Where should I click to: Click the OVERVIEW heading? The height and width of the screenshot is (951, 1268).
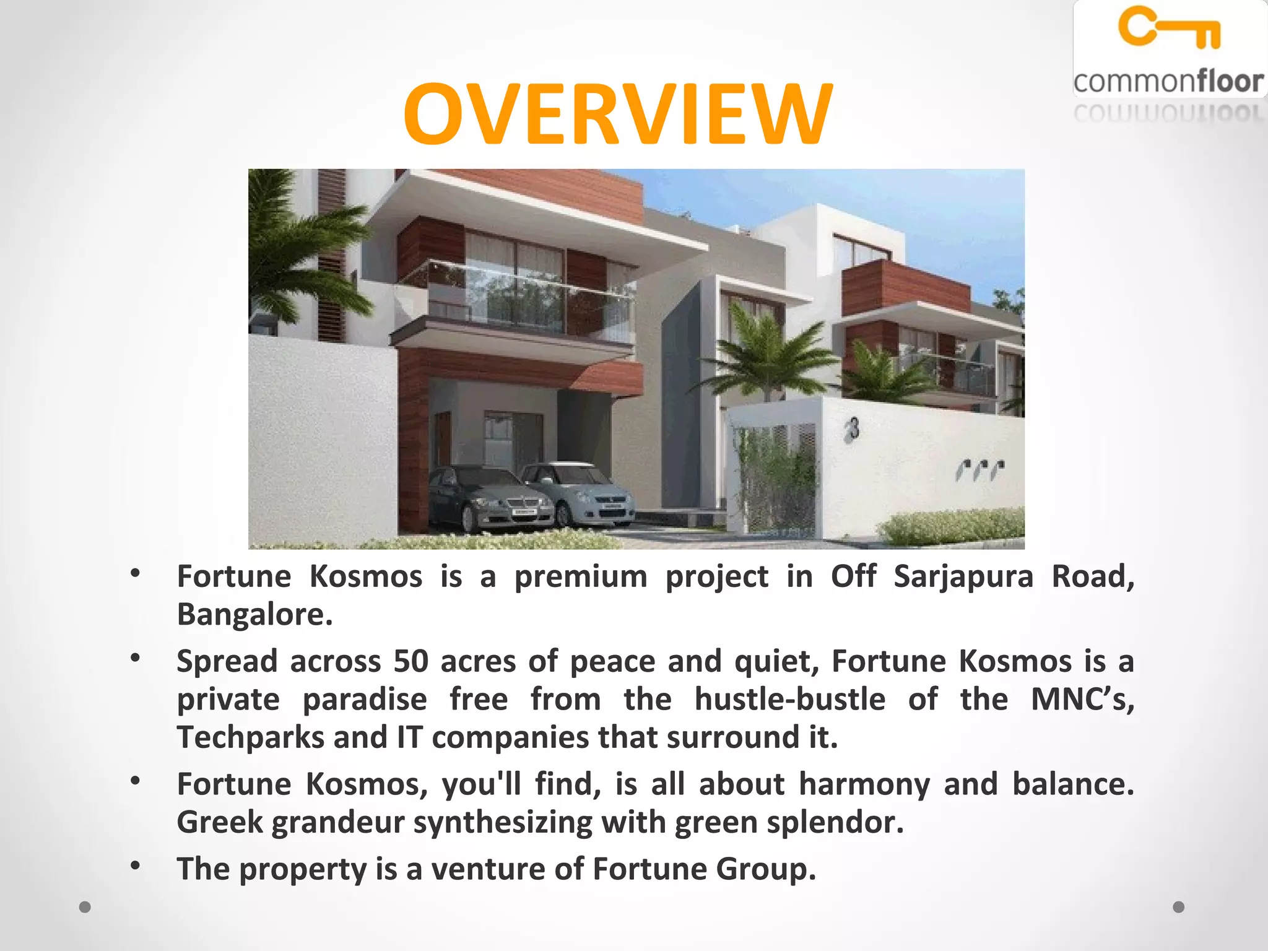coord(618,115)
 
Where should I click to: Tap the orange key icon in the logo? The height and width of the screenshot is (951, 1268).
coord(1169,28)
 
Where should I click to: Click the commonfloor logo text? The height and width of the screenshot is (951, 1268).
coord(1168,82)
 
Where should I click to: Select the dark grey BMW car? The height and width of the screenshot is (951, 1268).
coord(489,499)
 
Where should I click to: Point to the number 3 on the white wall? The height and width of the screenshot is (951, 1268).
coord(854,428)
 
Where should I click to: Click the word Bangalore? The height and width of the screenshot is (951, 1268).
coord(254,615)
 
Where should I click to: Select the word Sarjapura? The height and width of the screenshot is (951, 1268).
coord(963,576)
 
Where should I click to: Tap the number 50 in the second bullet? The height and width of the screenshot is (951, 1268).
coord(411,661)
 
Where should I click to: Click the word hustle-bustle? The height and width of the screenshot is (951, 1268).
coord(789,700)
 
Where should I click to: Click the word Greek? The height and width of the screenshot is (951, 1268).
coord(220,822)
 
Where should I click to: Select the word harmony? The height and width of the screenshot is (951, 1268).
coord(864,784)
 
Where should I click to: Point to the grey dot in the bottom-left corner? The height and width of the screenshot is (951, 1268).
coord(85,907)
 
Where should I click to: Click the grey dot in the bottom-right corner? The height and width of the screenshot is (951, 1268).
coord(1179,907)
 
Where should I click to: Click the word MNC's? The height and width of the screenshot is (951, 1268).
coord(1082,700)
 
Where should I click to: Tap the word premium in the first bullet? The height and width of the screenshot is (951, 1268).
coord(581,576)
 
